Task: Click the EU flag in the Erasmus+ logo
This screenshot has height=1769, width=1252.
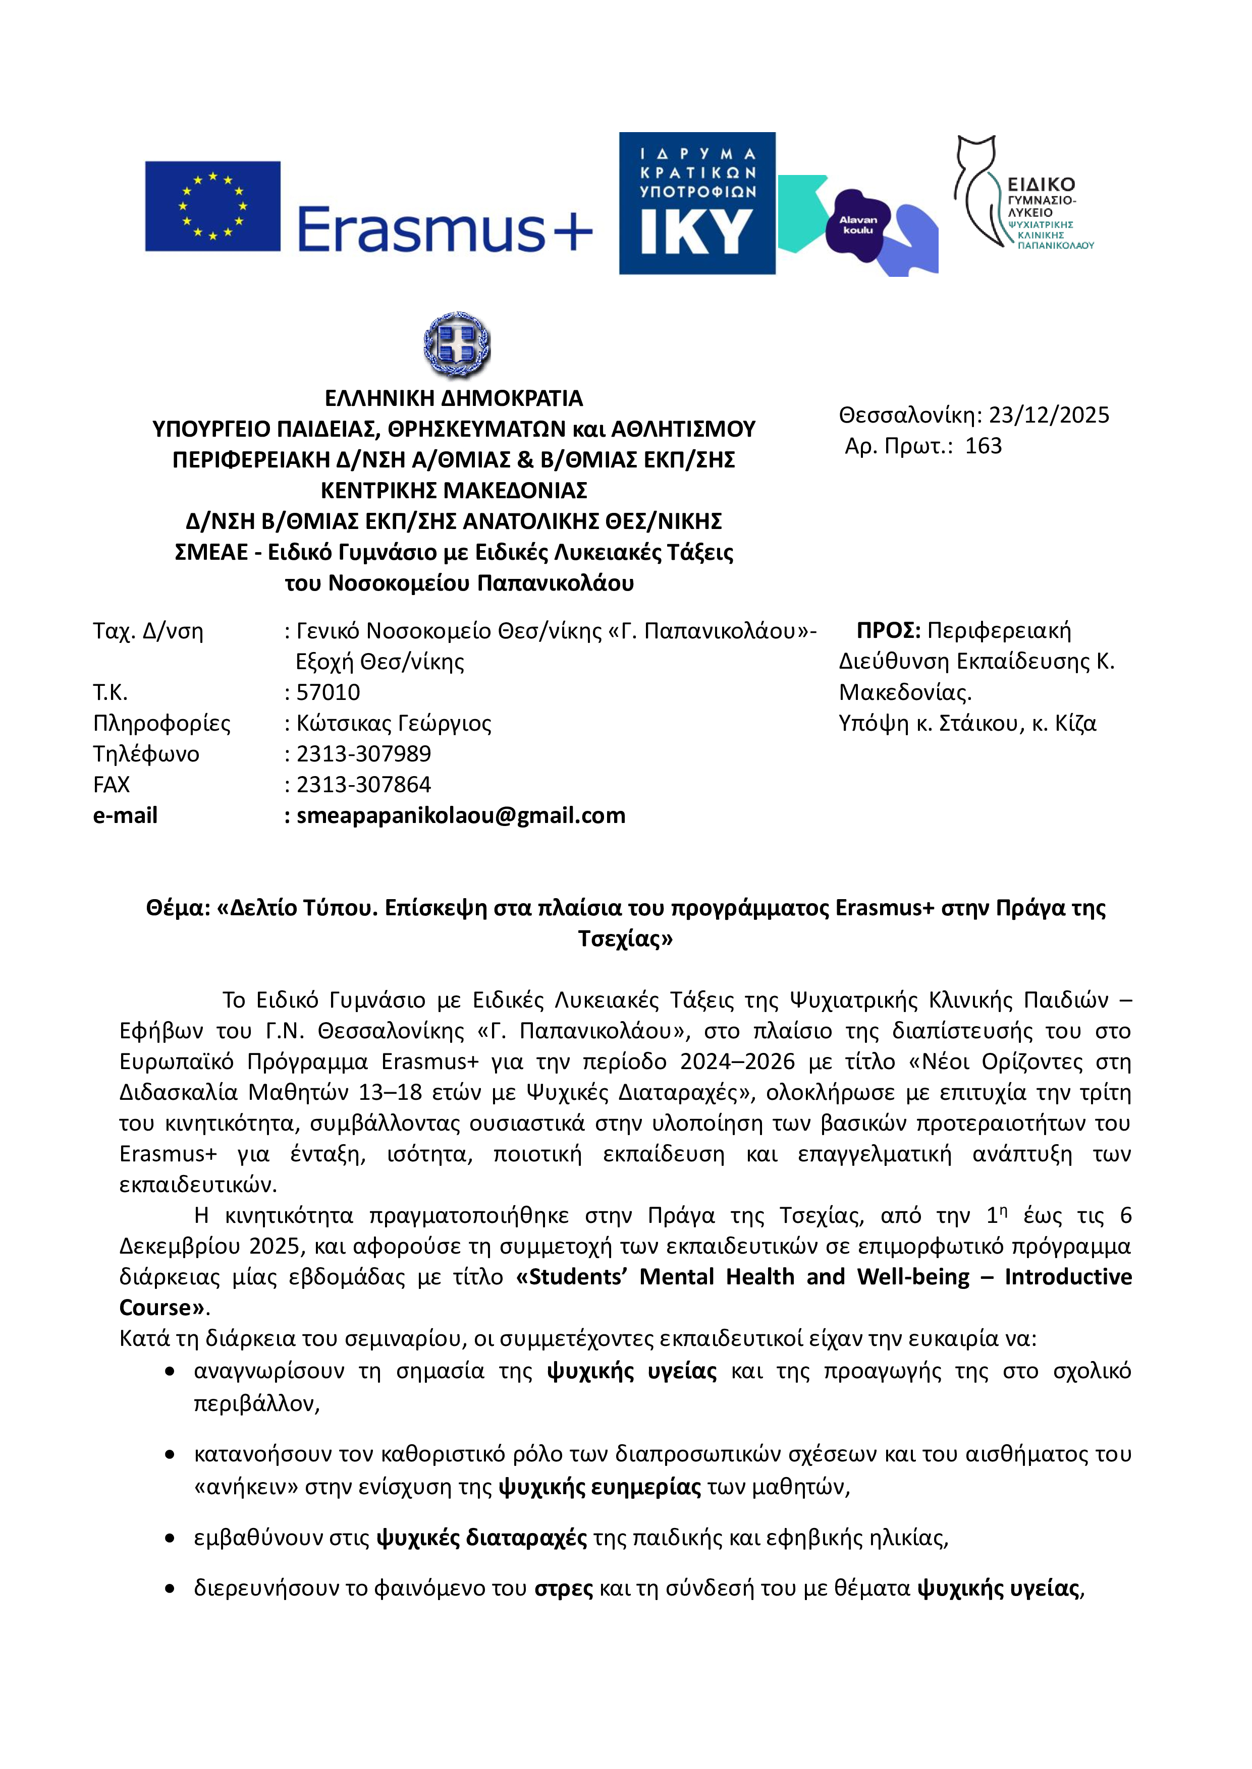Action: click(213, 206)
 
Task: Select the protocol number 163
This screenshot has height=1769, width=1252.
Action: click(983, 446)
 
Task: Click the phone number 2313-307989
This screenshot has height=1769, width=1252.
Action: click(363, 753)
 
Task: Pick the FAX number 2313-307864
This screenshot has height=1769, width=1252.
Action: click(363, 784)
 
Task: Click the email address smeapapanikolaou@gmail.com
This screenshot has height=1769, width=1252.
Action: click(460, 815)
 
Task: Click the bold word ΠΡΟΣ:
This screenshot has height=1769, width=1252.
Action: click(888, 630)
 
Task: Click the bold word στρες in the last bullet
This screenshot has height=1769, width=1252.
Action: click(564, 1588)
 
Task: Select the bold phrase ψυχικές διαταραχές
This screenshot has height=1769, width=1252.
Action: click(482, 1538)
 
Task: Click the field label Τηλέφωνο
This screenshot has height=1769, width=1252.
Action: click(146, 753)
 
